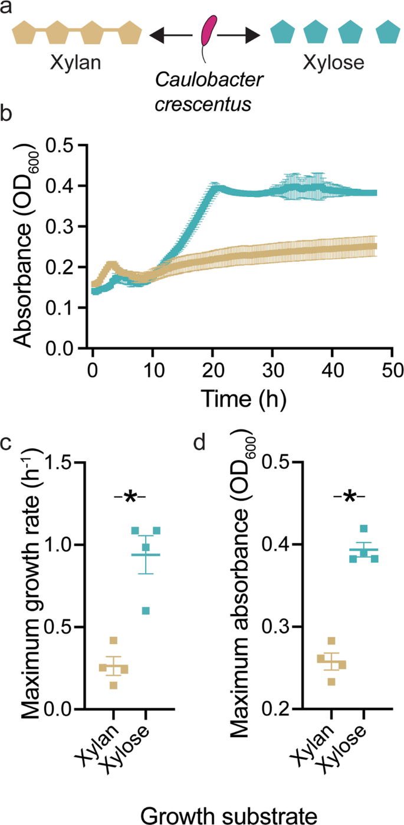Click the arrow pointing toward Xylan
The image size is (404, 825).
tap(170, 37)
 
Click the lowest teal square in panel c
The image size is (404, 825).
tap(145, 610)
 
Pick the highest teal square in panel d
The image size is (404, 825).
tap(364, 529)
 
